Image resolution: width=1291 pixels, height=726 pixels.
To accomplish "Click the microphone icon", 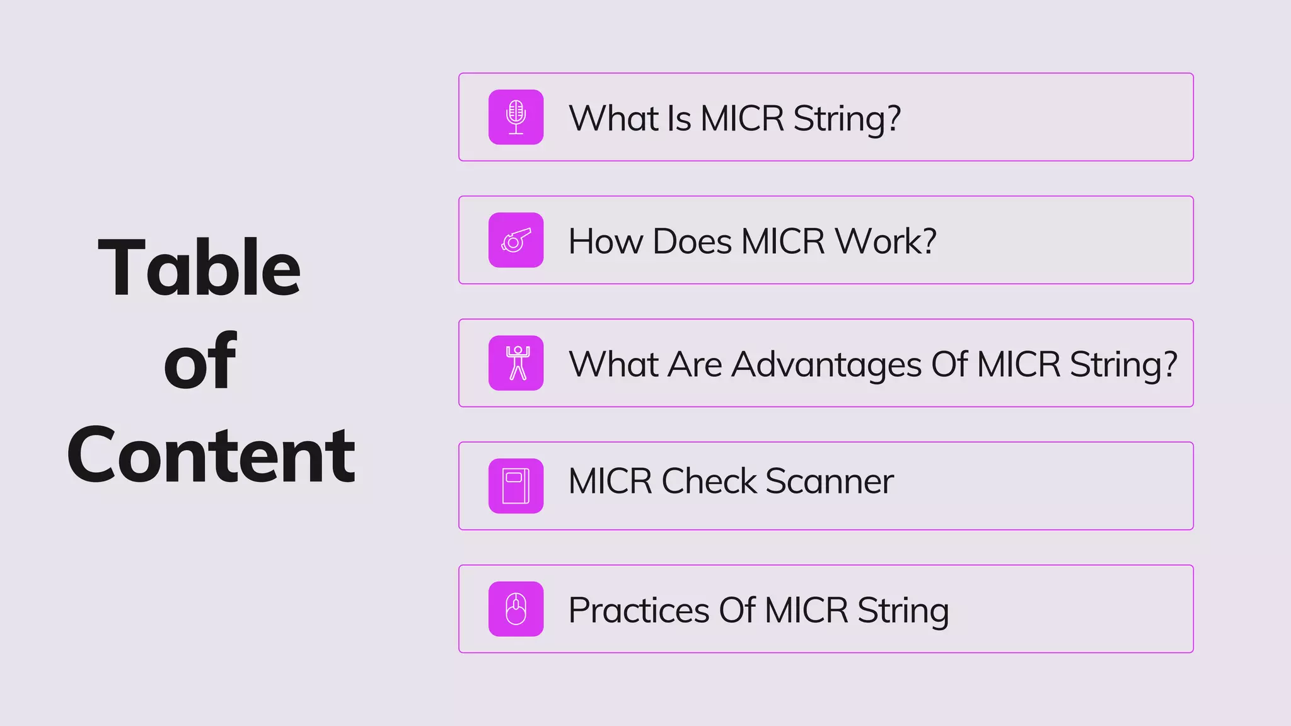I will (516, 117).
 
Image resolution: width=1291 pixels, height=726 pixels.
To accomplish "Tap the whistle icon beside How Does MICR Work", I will (516, 240).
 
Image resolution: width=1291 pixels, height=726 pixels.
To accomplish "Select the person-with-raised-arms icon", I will (516, 363).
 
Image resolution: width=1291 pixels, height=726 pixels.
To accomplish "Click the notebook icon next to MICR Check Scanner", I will (516, 486).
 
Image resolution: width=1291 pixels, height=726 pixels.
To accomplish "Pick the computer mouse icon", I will (516, 609).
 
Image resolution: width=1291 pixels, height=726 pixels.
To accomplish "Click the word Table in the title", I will (199, 267).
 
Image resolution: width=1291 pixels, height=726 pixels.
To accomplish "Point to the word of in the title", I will (199, 361).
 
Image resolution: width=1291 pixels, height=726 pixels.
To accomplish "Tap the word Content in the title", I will (211, 455).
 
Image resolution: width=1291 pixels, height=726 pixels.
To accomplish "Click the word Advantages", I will (826, 365).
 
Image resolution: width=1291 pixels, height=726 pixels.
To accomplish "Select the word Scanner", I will (829, 481).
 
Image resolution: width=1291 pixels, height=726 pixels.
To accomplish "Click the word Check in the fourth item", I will (709, 481).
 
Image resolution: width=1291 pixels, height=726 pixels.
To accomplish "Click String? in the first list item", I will (847, 119).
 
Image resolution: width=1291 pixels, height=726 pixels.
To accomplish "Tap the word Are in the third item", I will (694, 365).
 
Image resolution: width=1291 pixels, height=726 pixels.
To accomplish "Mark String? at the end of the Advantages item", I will (1123, 365).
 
